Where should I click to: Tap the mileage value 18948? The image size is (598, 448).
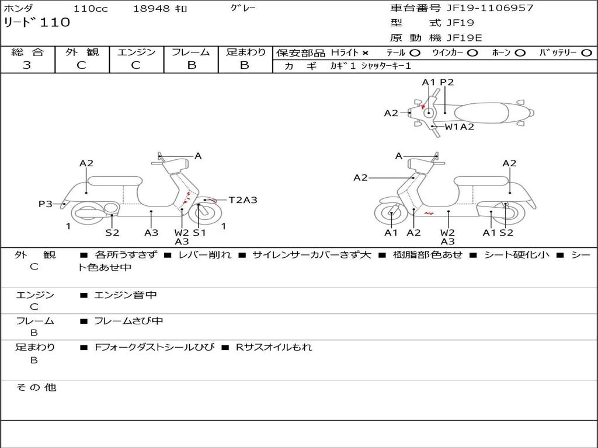[x=151, y=9]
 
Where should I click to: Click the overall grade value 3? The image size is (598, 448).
[x=27, y=65]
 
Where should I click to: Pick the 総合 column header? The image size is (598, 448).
[x=27, y=52]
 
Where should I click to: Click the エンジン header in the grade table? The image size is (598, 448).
[x=136, y=52]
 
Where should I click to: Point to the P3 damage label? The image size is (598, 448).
[x=46, y=204]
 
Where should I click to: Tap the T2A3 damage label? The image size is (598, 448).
[x=242, y=200]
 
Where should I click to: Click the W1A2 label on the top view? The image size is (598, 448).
[x=460, y=126]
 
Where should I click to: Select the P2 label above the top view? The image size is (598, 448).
[x=447, y=82]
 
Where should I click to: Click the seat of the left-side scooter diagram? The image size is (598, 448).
[x=114, y=181]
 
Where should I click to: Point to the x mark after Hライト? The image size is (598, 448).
[x=366, y=52]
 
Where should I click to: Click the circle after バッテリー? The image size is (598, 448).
[x=586, y=52]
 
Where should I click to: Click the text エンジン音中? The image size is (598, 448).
[x=126, y=295]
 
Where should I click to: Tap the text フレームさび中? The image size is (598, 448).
[x=128, y=321]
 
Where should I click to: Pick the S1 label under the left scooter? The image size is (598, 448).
[x=200, y=232]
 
